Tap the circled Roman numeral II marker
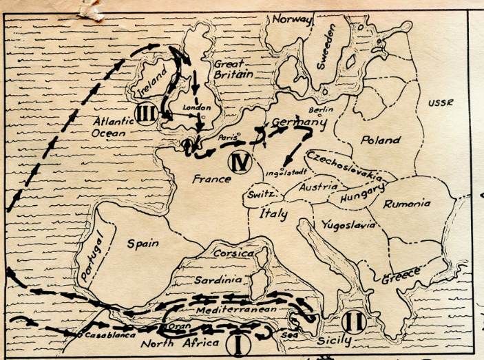pos(355,321)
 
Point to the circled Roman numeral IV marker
pos(238,162)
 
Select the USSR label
pos(441,103)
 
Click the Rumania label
pos(408,204)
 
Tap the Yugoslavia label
pos(348,225)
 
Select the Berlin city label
pos(321,109)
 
